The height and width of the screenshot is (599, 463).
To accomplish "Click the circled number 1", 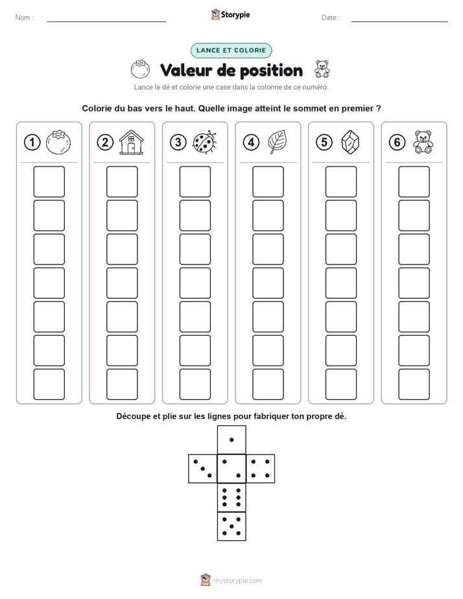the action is [x=32, y=143].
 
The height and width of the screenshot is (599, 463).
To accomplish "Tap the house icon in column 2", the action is [x=132, y=142].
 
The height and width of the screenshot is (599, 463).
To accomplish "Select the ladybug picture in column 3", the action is [x=205, y=143].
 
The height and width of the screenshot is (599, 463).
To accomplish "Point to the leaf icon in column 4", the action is [x=278, y=142].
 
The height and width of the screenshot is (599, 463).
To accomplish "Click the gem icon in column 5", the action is [x=350, y=143].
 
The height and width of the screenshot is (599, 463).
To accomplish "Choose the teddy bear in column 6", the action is [x=423, y=142].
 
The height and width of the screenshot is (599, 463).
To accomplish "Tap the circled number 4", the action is [x=251, y=143].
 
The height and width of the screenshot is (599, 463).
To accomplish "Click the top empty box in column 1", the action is [x=49, y=182].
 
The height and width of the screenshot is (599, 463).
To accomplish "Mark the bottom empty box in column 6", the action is [x=414, y=384].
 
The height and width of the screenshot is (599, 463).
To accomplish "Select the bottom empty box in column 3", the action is [x=195, y=384].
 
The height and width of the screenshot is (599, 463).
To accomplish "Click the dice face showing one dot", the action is [x=231, y=440].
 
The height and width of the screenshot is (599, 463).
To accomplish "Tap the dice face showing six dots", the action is [x=231, y=497].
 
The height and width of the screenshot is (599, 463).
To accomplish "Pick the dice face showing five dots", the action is [x=231, y=526].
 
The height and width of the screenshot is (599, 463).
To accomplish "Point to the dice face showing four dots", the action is [x=261, y=469].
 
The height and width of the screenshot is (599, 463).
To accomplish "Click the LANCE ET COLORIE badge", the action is [x=231, y=51].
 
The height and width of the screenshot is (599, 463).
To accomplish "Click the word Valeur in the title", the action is [x=185, y=71].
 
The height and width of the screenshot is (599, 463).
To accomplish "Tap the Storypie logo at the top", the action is [x=230, y=14].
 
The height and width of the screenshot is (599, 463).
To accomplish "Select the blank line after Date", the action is [x=399, y=21].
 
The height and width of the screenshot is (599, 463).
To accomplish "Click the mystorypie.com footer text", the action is [x=237, y=581].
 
